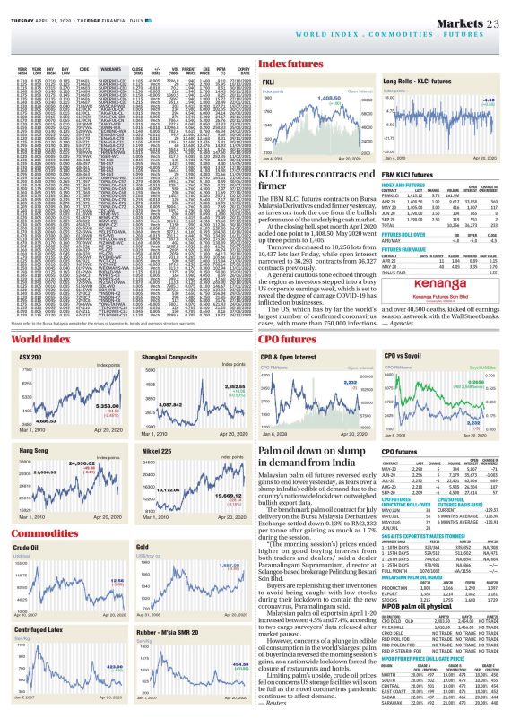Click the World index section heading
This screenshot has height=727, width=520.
(x=33, y=316)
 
